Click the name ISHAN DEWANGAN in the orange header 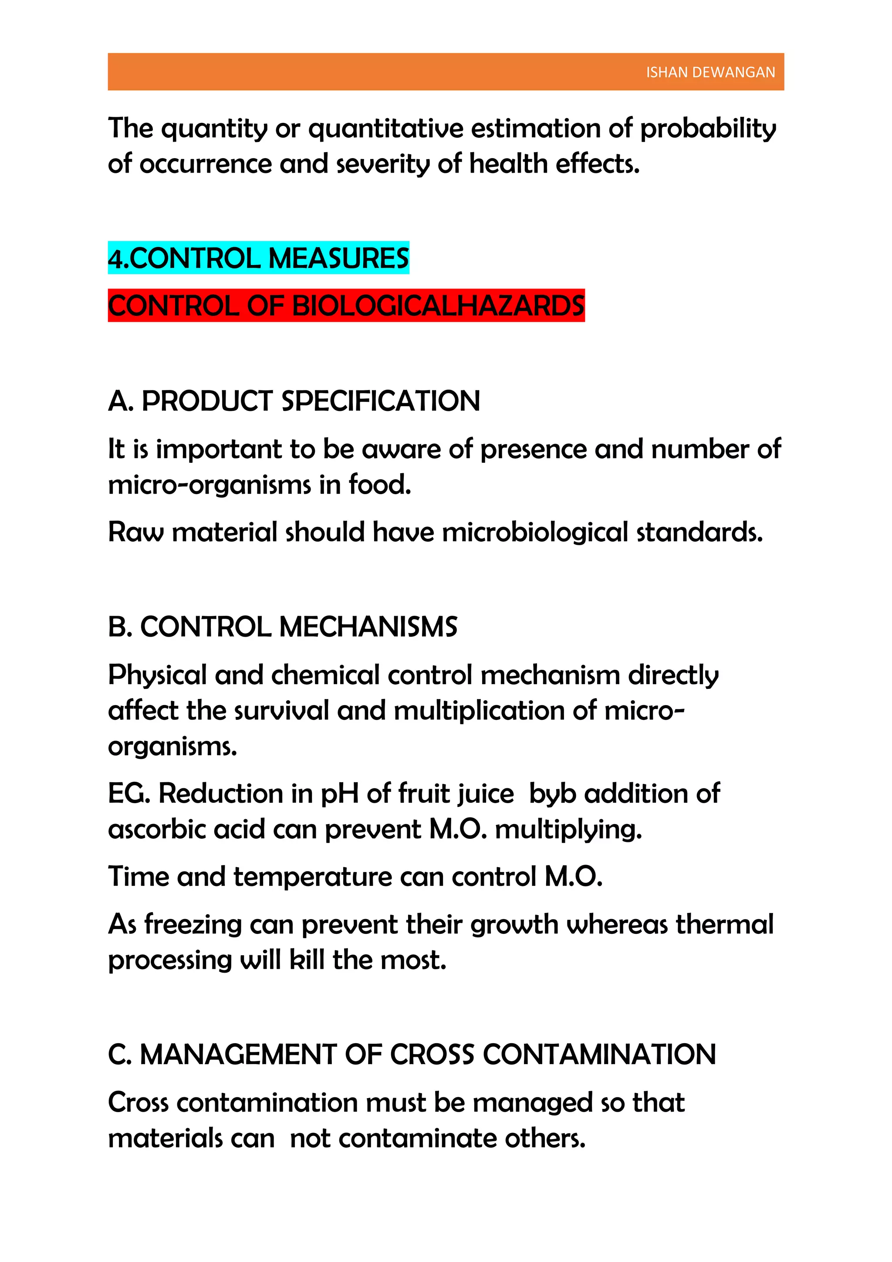[710, 72]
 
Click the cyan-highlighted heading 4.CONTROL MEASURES [258, 258]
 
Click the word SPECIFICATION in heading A [380, 401]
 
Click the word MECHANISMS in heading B [368, 627]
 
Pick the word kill [307, 960]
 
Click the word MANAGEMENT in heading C [238, 1055]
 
